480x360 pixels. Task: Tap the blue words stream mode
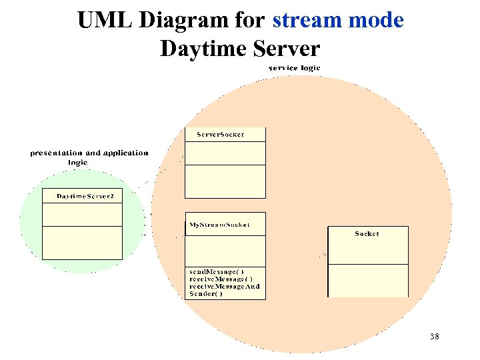click(x=337, y=20)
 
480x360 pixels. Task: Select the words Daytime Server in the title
click(x=240, y=49)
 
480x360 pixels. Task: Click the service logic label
click(x=294, y=68)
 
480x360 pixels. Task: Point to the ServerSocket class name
click(x=220, y=135)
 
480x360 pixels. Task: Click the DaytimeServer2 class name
click(x=85, y=196)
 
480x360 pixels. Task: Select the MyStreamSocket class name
click(x=219, y=225)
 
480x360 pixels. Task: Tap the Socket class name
click(x=367, y=234)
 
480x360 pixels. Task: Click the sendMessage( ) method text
click(x=217, y=272)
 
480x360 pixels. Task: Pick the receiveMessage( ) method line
click(x=221, y=279)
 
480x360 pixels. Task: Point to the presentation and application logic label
click(x=89, y=157)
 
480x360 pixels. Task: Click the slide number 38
click(x=434, y=337)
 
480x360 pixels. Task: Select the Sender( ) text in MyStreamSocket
click(x=206, y=294)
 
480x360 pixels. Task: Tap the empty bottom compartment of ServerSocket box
click(x=225, y=181)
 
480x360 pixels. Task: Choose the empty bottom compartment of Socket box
click(x=367, y=281)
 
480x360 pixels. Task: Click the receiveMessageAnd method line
click(x=225, y=287)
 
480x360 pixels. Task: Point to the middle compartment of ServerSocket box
click(x=225, y=153)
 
